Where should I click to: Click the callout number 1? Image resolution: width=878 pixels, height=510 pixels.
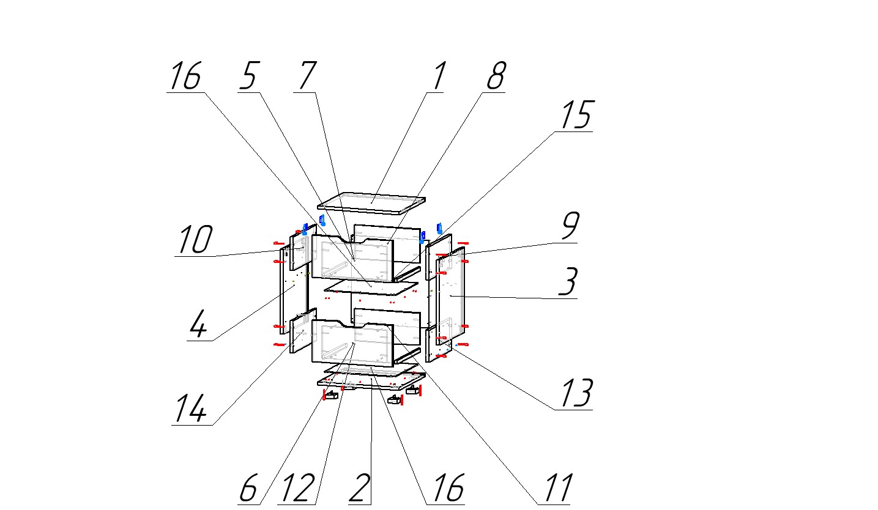(439, 76)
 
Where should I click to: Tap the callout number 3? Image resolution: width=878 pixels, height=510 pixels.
(568, 281)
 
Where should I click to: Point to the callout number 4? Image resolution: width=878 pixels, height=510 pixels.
(198, 323)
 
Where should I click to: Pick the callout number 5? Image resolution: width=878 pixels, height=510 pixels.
(249, 76)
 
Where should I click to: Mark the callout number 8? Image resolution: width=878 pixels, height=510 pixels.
(496, 76)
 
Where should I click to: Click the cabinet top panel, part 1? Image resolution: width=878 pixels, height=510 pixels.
(371, 203)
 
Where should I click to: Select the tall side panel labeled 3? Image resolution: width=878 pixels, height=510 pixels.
(451, 297)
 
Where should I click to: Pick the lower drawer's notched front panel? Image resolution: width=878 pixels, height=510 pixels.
(352, 343)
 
